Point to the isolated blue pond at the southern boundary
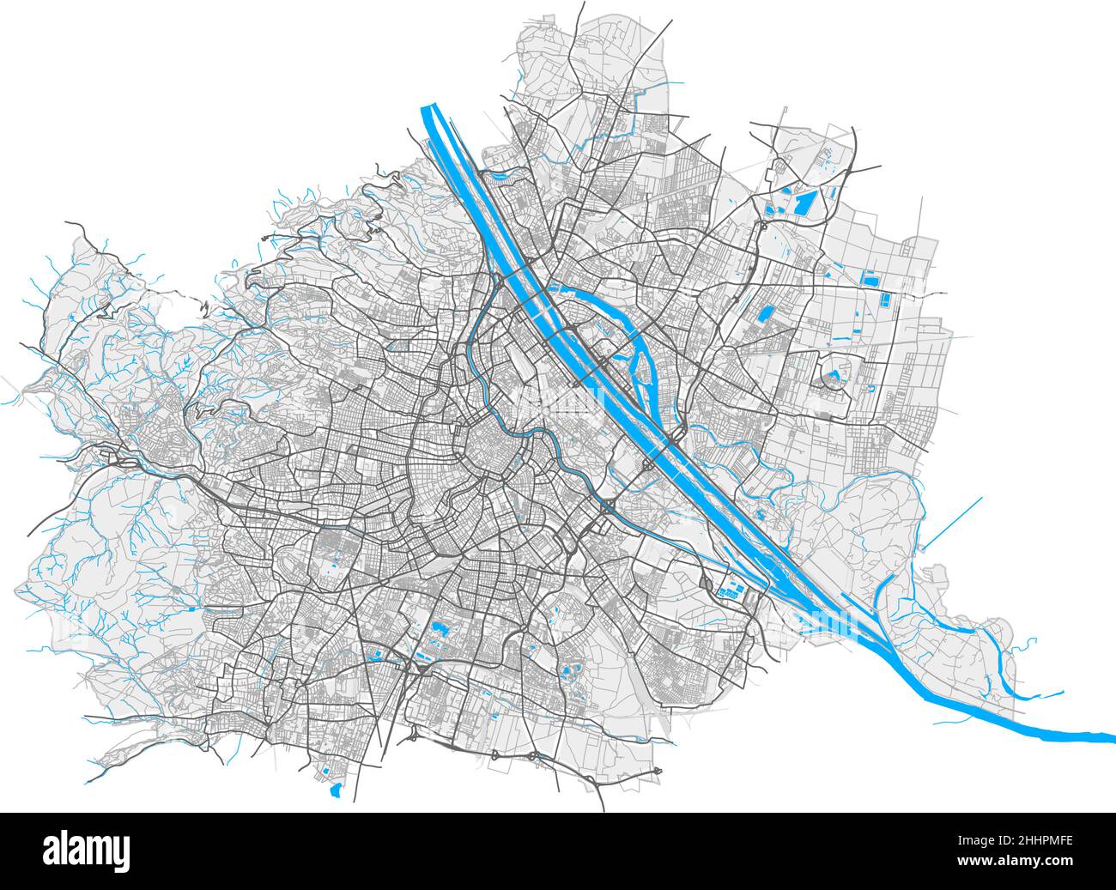(336, 787)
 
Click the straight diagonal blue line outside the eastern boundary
(952, 523)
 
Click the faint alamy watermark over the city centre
(558, 399)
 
